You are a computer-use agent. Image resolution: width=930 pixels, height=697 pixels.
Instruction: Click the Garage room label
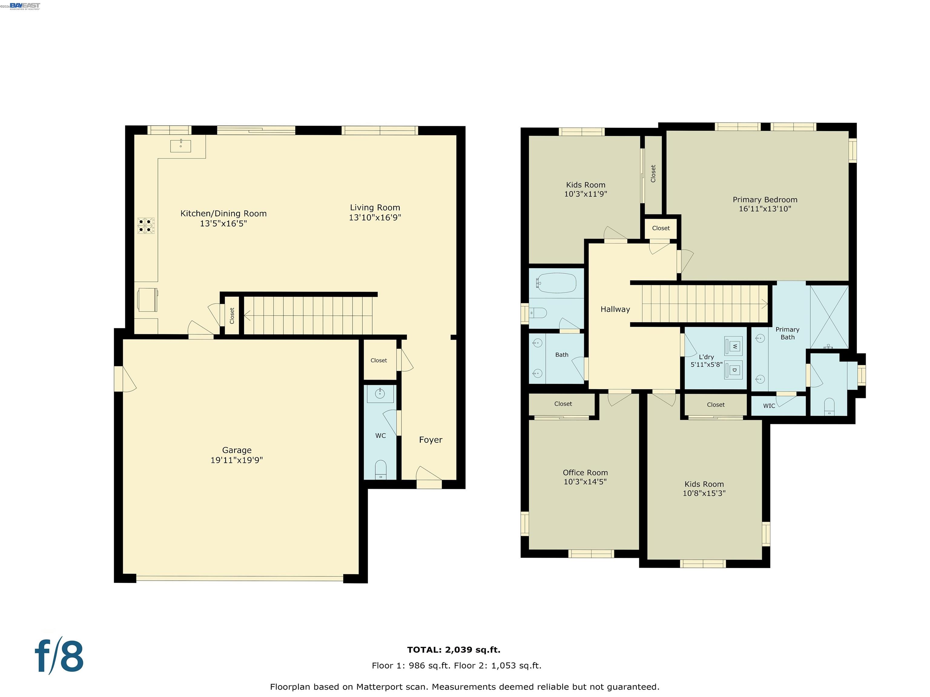point(237,450)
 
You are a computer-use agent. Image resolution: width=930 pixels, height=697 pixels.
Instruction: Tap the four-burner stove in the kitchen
point(146,226)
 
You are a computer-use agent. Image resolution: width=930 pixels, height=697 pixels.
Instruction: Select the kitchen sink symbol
point(180,146)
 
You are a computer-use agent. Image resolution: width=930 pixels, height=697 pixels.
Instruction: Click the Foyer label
point(430,440)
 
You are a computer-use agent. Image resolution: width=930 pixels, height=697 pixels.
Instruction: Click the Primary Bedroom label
point(765,200)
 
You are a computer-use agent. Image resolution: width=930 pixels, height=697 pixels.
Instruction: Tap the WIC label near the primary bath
point(769,406)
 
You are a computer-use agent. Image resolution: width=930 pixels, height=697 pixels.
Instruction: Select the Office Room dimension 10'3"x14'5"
point(585,482)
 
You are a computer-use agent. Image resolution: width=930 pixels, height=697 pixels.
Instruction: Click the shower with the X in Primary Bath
point(829,317)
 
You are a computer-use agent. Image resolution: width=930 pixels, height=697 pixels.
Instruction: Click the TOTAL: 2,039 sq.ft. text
point(454,650)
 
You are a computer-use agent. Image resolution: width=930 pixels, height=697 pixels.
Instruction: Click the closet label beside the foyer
point(378,361)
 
